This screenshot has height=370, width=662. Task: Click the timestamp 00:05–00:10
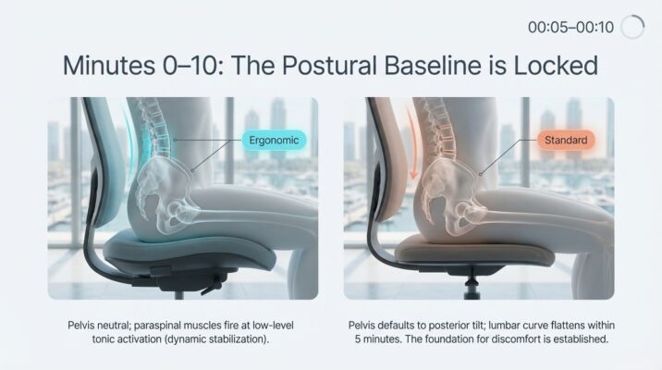[570, 27]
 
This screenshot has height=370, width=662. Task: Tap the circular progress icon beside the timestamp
[632, 27]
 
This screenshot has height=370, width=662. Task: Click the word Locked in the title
[552, 66]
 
